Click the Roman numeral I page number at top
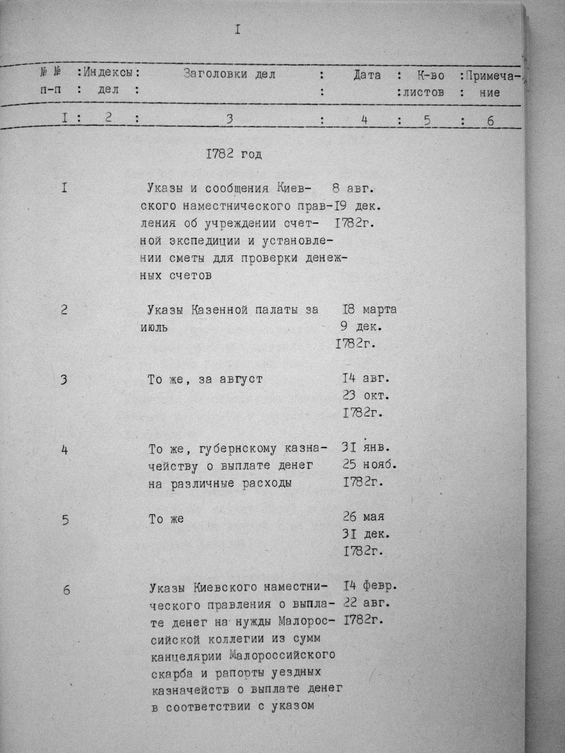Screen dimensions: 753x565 point(237,30)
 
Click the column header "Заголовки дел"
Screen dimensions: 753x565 point(229,74)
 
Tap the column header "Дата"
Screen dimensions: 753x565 point(367,75)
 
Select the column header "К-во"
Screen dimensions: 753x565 point(430,76)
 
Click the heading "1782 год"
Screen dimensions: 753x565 point(234,155)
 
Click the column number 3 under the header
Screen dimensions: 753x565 point(230,119)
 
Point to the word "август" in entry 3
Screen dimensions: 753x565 point(240,379)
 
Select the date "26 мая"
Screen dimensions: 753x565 point(363,517)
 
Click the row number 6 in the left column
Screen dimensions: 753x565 point(66,590)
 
